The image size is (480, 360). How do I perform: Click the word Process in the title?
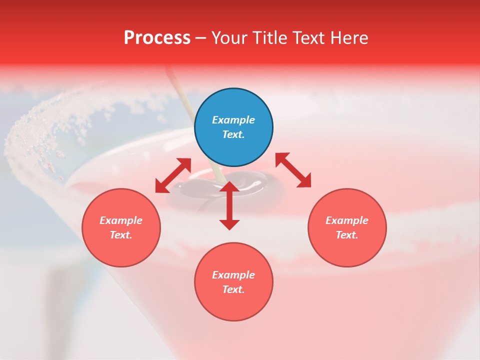157,38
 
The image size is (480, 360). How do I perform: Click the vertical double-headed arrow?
229,205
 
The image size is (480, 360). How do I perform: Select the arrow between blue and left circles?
173,175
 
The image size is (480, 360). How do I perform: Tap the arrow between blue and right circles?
293,170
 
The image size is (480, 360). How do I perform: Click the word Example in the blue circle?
233,120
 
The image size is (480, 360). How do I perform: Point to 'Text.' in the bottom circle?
233,289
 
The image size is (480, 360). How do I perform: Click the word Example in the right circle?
347,220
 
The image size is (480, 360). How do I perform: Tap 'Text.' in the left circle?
121,235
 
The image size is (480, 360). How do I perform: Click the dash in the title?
200,38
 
